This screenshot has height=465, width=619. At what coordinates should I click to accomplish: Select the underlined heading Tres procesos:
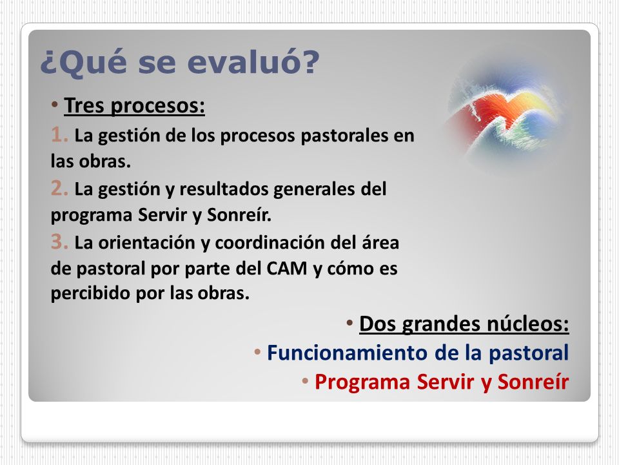pos(134,105)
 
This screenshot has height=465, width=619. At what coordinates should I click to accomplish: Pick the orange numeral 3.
pos(59,242)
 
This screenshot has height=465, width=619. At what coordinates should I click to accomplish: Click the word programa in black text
pos(91,216)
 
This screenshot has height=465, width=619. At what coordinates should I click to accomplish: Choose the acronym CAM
pos(286,269)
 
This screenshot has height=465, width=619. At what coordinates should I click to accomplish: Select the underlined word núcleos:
pos(527,324)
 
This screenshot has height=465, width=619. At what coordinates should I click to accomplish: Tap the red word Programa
pos(362,382)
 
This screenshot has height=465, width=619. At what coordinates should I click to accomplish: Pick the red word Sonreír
pos(533,382)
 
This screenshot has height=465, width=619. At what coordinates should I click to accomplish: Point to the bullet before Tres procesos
pos(54,105)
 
